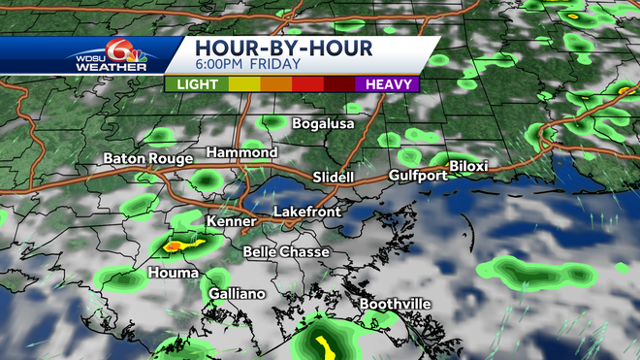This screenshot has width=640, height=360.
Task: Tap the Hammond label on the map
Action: [241, 153]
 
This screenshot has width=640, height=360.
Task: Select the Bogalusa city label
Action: [323, 124]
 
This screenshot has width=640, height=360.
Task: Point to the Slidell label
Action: [334, 177]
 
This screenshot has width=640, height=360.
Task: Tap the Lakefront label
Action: [304, 211]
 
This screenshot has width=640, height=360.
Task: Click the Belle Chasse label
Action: [286, 251]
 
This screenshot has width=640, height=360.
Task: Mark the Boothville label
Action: [395, 304]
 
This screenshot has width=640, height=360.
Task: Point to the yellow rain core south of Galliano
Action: [325, 344]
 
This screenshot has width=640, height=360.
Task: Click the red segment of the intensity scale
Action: [308, 84]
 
